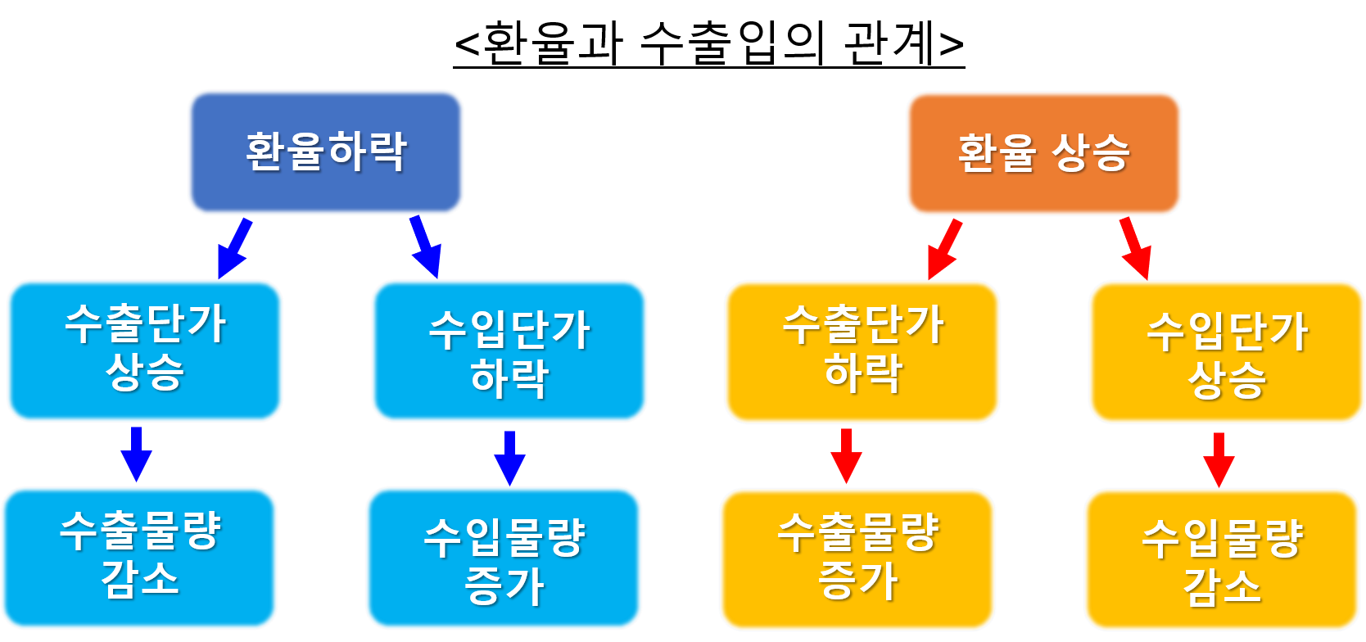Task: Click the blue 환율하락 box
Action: (326, 152)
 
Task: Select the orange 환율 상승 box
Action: (1043, 153)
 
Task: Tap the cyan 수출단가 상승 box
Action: (145, 350)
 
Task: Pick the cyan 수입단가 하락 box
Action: (509, 351)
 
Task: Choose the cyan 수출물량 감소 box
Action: (139, 558)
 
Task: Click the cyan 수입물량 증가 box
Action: (504, 558)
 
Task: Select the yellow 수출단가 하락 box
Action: (862, 352)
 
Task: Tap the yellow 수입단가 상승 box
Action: (1226, 352)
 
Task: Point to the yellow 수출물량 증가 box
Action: (857, 559)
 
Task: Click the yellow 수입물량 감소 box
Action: (1221, 560)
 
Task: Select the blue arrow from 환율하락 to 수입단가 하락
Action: (427, 246)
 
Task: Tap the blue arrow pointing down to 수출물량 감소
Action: (136, 454)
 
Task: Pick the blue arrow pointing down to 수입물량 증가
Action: (509, 458)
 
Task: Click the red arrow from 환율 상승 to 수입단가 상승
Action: (1137, 248)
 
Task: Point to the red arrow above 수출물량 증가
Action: (846, 455)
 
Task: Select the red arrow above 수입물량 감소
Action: (1219, 459)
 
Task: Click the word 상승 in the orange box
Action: (1090, 153)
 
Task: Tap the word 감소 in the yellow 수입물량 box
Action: (1222, 586)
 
